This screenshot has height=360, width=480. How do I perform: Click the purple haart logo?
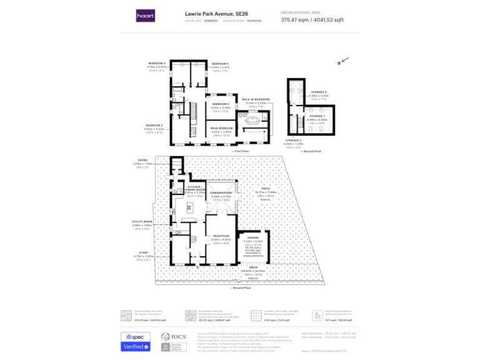pos(146,16)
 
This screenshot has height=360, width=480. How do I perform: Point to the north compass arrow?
pos(341,62)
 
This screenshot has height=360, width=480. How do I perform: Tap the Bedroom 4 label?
pos(156,63)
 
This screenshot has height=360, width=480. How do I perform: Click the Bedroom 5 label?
pos(219,64)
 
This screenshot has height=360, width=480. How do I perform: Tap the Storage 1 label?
pos(319,116)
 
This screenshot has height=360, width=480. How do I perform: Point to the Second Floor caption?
pos(312,151)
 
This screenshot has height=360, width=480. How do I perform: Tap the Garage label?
pos(252,238)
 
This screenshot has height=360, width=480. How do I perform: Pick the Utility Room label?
pos(142,222)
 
